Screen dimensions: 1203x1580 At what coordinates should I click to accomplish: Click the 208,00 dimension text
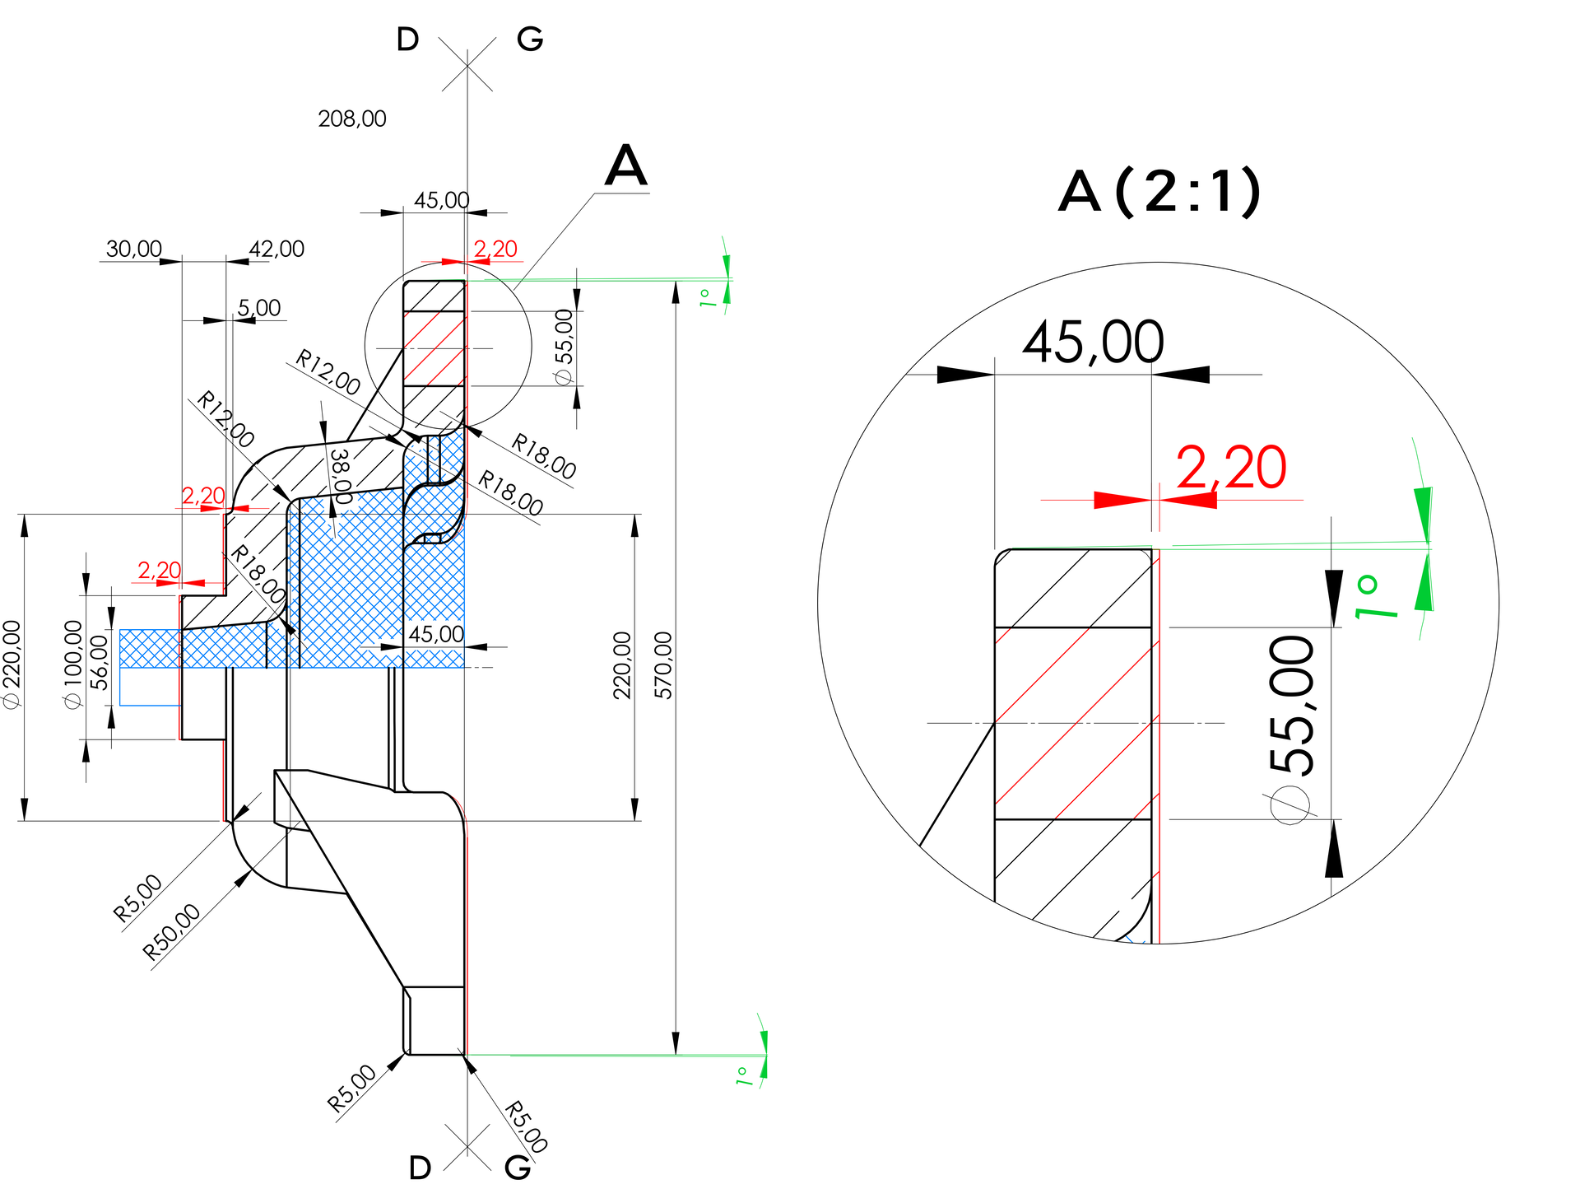352,119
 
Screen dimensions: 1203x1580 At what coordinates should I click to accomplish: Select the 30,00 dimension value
134,249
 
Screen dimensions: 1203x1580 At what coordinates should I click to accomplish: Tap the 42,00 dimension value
276,249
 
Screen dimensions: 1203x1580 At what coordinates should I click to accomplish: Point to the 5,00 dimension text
259,308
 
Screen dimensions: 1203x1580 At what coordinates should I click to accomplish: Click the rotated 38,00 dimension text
341,476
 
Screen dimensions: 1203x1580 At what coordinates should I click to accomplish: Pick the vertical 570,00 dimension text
663,665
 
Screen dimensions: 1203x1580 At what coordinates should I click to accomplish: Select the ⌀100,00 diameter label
72,664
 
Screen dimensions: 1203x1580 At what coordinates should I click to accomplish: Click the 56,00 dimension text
100,662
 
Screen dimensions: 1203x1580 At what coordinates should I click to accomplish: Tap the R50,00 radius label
171,931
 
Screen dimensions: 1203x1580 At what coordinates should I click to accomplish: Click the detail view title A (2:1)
1159,192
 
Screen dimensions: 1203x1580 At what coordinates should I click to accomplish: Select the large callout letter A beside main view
625,166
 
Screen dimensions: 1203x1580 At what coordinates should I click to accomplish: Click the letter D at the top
407,40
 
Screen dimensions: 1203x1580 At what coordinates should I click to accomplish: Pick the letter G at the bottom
518,1167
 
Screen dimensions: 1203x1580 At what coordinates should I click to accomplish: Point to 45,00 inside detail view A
1093,342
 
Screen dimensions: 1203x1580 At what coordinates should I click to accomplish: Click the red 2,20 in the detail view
1231,468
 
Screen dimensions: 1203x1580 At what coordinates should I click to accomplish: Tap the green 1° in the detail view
1376,597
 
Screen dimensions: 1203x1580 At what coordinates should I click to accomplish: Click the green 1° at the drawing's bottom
744,1075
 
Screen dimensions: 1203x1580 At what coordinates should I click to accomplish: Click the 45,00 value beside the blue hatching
436,634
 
